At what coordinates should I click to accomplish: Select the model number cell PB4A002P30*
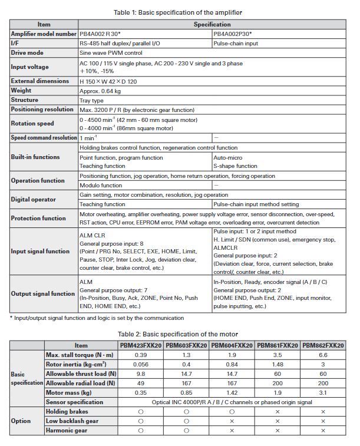pos(238,34)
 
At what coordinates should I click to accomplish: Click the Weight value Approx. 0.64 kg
pos(100,91)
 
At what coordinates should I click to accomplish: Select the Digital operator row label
pos(34,199)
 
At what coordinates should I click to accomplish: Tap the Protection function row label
pos(39,218)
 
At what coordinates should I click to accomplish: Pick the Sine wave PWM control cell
pos(113,53)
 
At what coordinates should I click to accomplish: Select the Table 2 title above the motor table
pos(180,333)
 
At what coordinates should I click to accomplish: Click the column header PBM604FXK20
pos(232,345)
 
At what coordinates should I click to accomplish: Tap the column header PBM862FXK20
pos(323,345)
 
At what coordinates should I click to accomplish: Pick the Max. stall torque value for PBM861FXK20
pos(278,355)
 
